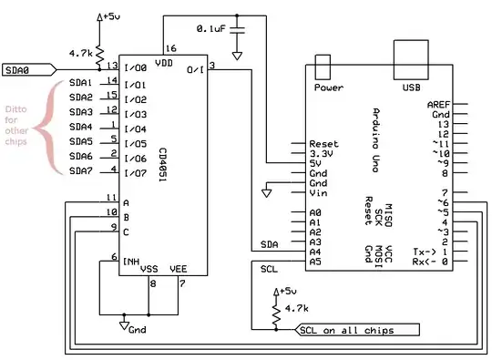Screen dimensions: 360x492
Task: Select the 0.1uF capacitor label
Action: (x=211, y=29)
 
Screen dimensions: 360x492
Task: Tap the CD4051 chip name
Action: (x=162, y=163)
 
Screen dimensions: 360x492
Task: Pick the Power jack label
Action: (x=328, y=88)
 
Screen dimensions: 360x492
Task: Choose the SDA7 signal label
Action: (x=81, y=171)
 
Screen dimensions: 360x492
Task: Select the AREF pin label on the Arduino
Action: (x=437, y=105)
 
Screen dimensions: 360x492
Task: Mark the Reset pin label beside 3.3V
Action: (x=324, y=144)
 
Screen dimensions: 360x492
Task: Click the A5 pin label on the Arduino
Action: (x=315, y=262)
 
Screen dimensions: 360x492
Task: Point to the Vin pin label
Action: (x=318, y=193)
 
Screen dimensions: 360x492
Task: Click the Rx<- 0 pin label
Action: (x=429, y=262)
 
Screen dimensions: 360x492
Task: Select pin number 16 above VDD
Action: (x=170, y=49)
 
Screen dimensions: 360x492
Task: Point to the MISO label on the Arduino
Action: (x=388, y=216)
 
